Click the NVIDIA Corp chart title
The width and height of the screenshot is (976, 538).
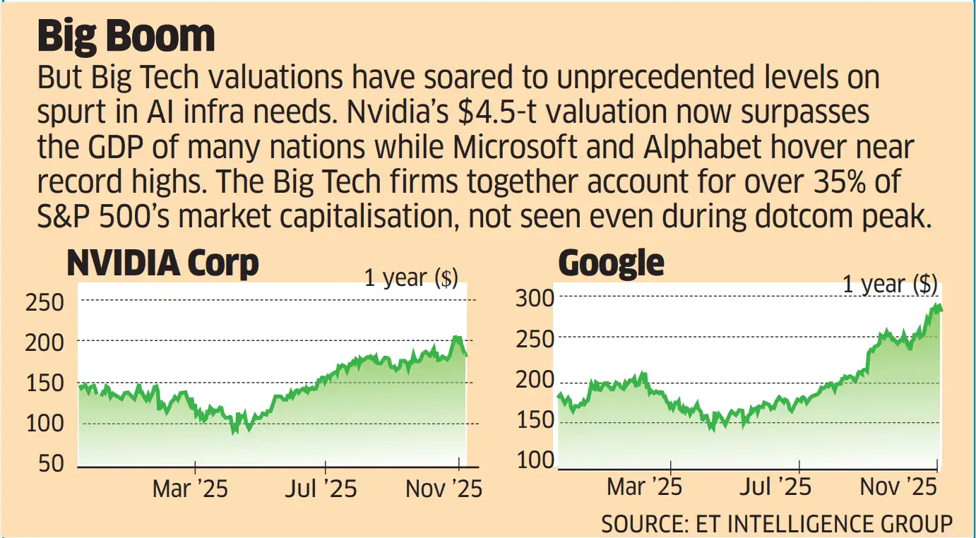[162, 264]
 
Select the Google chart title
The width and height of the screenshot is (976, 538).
[611, 264]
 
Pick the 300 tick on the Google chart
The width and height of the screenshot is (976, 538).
[535, 299]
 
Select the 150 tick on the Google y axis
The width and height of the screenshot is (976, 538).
[535, 423]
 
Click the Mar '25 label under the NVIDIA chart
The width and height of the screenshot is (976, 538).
[190, 489]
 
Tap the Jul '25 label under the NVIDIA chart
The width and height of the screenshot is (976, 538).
[321, 489]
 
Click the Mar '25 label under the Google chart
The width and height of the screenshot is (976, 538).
[644, 486]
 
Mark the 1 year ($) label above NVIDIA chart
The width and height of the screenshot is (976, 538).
[411, 278]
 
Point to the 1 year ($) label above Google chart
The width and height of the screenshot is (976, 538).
[890, 285]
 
